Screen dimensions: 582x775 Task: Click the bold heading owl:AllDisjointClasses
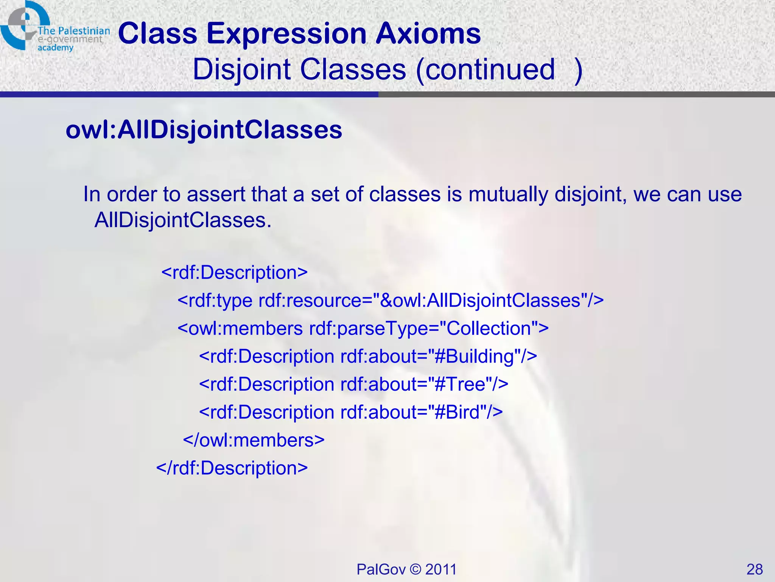click(x=204, y=130)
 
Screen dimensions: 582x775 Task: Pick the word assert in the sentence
click(x=216, y=194)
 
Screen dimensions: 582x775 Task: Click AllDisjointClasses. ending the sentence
click(x=183, y=220)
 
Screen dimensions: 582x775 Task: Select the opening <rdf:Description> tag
click(x=235, y=272)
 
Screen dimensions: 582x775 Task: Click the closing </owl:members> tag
click(x=254, y=440)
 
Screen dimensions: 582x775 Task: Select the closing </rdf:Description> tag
click(x=232, y=468)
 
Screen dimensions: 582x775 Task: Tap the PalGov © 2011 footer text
click(x=406, y=569)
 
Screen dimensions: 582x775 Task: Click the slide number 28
click(x=755, y=569)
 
